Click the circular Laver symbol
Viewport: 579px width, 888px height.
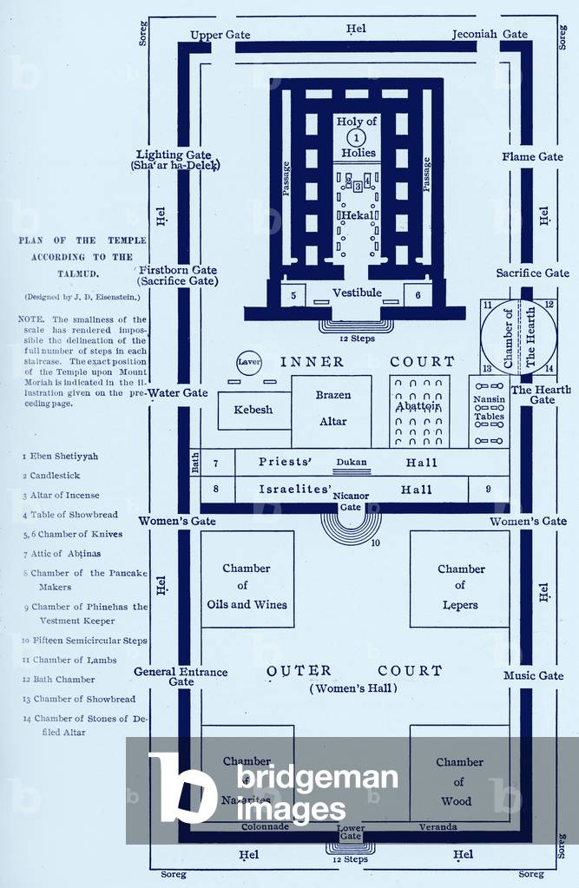(x=249, y=364)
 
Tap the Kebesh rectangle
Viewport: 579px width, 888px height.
(x=253, y=410)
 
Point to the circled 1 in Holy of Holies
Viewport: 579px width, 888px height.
(x=356, y=137)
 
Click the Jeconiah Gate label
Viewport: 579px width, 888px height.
(x=490, y=34)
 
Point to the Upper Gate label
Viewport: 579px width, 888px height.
(x=220, y=34)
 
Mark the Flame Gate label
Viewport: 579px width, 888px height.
(x=532, y=157)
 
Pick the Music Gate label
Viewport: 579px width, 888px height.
(x=533, y=675)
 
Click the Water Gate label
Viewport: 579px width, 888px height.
(x=177, y=392)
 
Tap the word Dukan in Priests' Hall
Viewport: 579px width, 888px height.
(x=352, y=463)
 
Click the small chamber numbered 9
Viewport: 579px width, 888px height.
(x=488, y=490)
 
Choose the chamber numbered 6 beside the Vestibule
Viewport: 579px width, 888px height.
(x=418, y=296)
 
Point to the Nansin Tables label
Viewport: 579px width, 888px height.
(x=489, y=409)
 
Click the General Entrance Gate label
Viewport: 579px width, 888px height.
(x=181, y=676)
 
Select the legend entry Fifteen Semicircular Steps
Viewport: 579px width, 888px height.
(x=85, y=641)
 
